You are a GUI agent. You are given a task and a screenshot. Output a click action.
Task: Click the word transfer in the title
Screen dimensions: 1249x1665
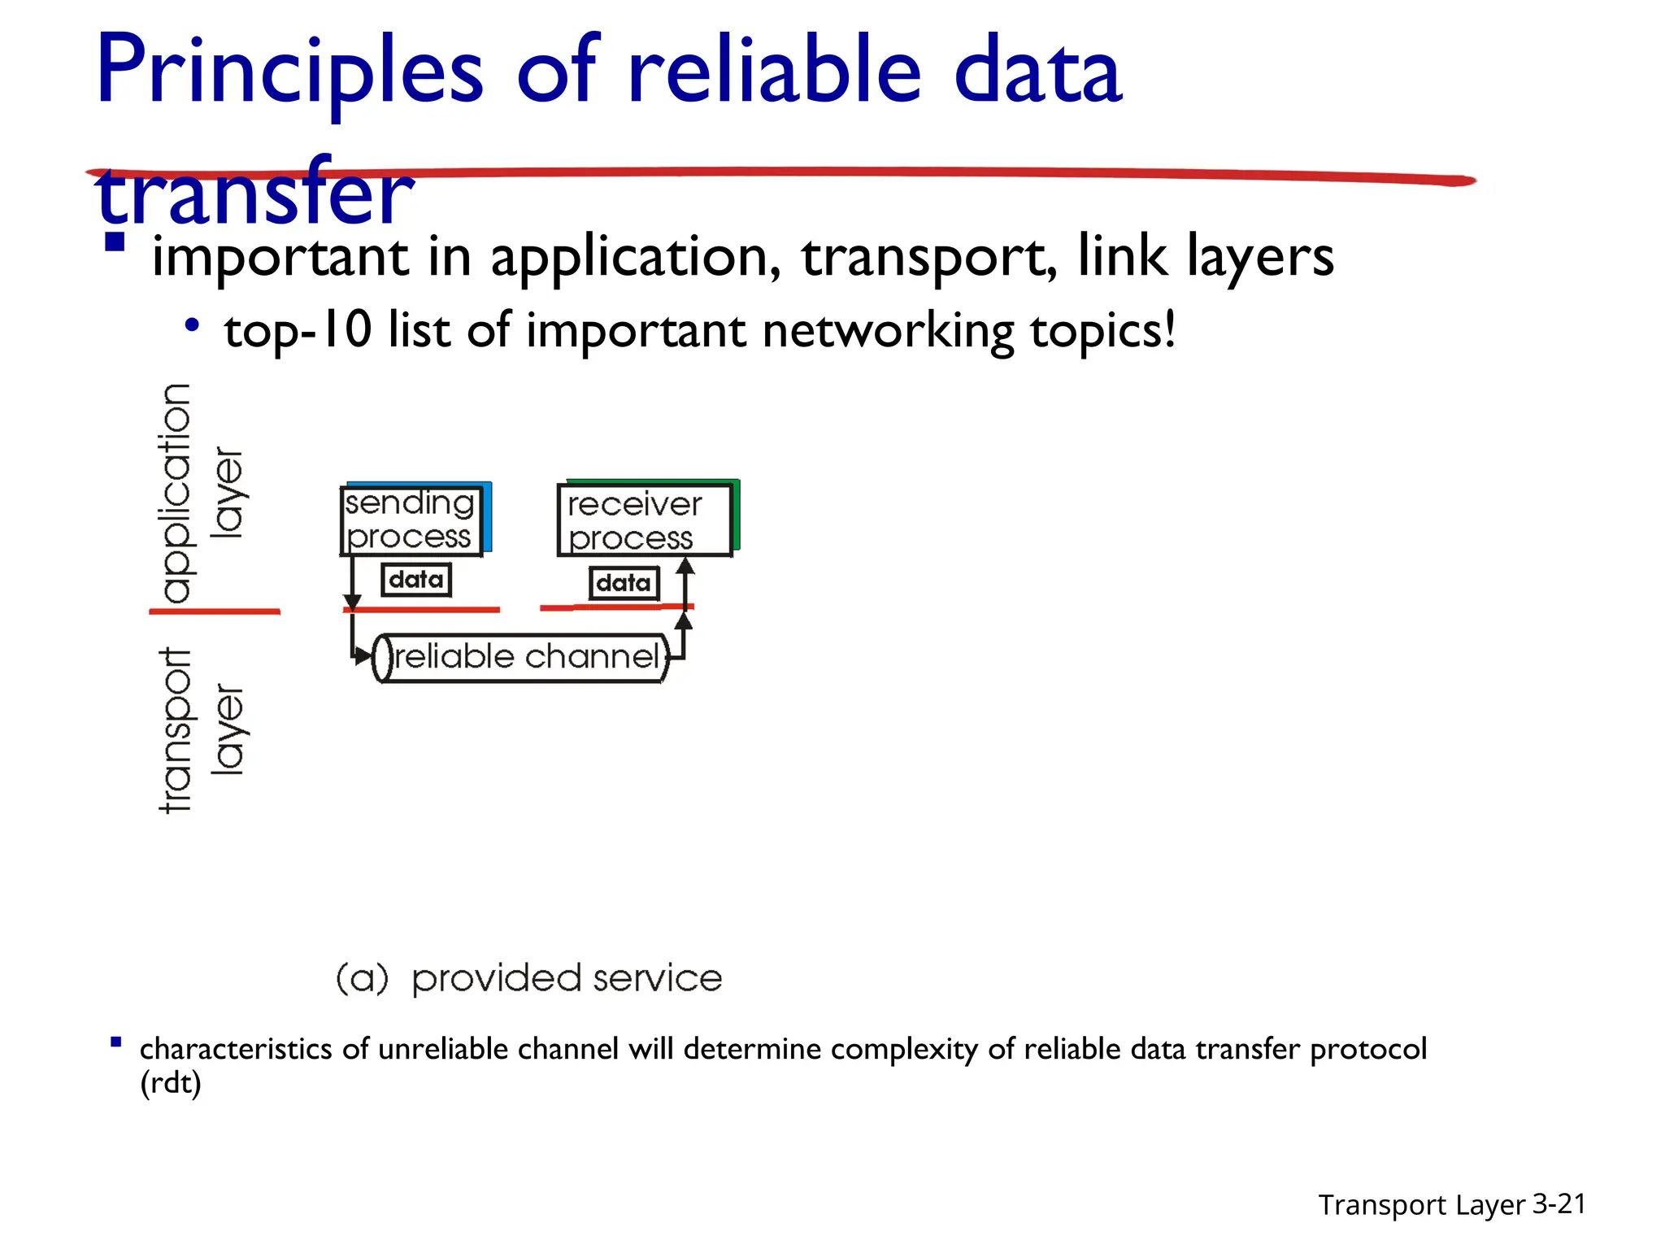(255, 194)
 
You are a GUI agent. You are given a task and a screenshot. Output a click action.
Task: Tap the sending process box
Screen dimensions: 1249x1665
(411, 520)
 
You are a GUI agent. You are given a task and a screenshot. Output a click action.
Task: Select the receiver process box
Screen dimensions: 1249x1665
(644, 520)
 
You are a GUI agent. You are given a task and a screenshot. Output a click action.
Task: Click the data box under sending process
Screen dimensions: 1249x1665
(416, 580)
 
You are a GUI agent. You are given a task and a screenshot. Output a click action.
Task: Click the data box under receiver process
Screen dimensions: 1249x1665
(624, 583)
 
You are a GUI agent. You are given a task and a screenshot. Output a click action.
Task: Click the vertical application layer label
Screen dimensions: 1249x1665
(199, 493)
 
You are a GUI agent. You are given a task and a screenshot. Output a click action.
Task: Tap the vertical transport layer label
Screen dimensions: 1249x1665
(199, 729)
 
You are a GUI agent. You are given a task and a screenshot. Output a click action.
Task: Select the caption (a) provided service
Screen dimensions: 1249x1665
(528, 978)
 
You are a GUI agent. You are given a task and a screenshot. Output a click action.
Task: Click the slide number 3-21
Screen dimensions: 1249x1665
(1558, 1203)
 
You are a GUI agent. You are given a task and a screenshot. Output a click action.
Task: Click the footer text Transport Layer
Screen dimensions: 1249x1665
(1421, 1205)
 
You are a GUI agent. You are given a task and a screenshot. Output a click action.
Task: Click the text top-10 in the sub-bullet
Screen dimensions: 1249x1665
(298, 332)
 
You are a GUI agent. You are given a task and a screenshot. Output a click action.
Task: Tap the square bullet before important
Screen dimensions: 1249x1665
(115, 242)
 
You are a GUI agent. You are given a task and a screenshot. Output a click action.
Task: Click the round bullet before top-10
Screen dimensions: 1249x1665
(192, 326)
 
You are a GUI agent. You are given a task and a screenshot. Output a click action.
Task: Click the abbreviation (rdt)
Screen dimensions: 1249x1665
(171, 1083)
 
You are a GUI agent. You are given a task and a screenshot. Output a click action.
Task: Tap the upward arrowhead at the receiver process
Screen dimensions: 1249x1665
(685, 567)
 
